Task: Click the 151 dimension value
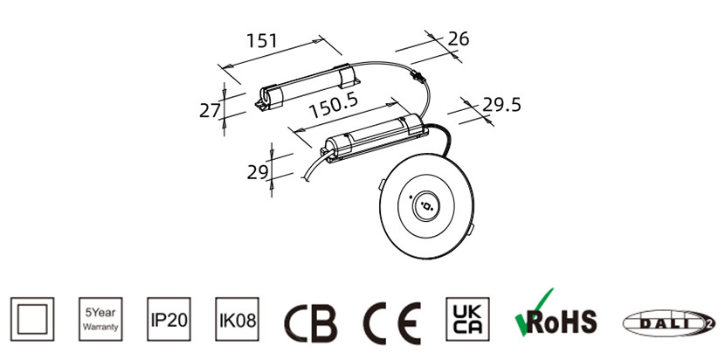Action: (262, 40)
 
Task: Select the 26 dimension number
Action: (459, 38)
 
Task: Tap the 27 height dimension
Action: (210, 111)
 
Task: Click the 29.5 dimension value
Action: (501, 105)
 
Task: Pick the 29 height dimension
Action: (258, 172)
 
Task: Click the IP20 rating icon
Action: (169, 319)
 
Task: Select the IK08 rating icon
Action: (238, 319)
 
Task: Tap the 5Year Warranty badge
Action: (100, 319)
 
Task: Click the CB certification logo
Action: (311, 323)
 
